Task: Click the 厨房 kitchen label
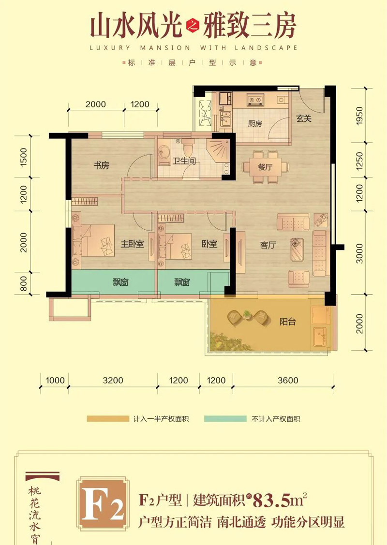(x=255, y=123)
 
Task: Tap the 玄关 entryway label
(x=303, y=118)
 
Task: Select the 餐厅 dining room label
(x=265, y=167)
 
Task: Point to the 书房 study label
(x=101, y=165)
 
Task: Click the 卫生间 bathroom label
(x=184, y=161)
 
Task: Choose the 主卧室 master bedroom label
(x=132, y=244)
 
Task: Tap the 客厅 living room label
(x=268, y=245)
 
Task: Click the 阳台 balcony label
(x=287, y=322)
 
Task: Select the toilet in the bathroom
(x=188, y=147)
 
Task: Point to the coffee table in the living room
(x=298, y=249)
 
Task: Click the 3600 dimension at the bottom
(x=288, y=380)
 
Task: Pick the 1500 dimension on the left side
(x=23, y=157)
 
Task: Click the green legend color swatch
(x=225, y=419)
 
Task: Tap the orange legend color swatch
(x=108, y=419)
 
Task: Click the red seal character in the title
(x=193, y=27)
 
